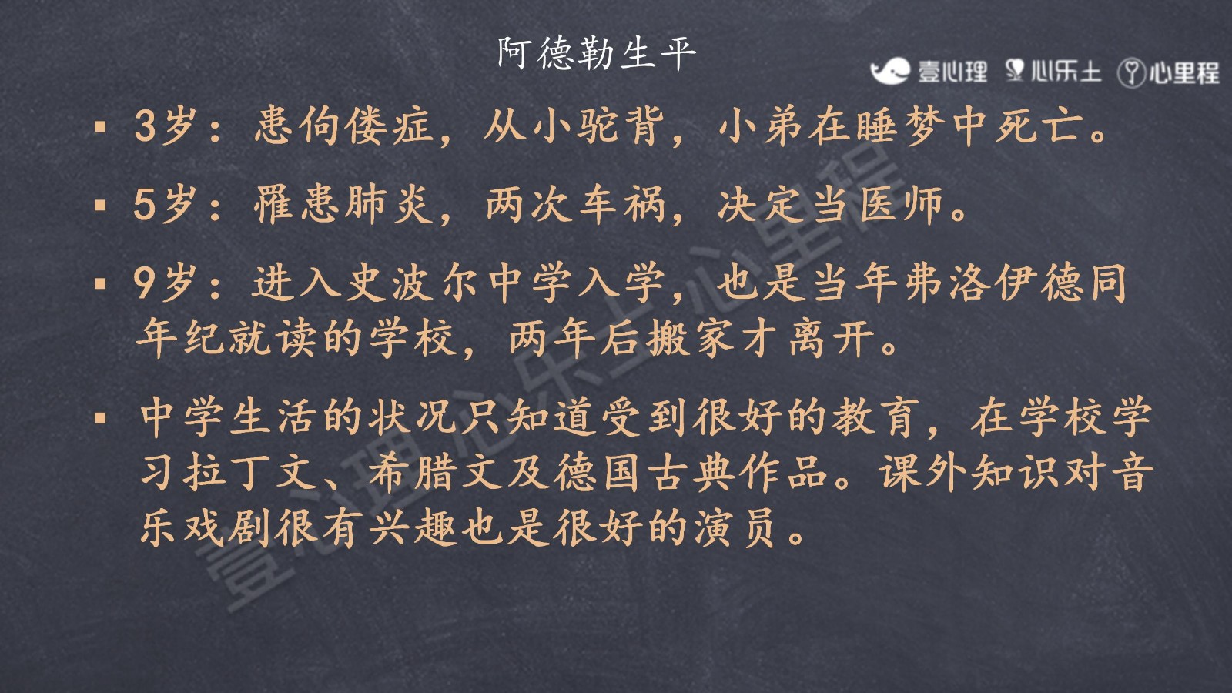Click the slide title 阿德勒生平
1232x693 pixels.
[x=597, y=53]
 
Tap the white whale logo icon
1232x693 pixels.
[x=890, y=72]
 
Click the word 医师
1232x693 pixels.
[x=902, y=205]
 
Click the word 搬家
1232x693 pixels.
[x=691, y=338]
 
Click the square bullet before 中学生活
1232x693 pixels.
[x=100, y=418]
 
